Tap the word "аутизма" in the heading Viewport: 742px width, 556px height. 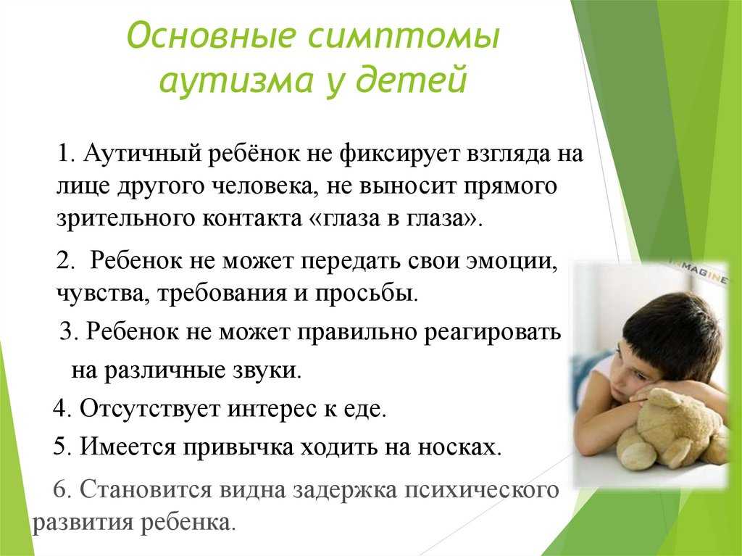[236, 79]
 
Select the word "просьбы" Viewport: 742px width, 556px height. [366, 294]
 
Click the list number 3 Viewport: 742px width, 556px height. [66, 331]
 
